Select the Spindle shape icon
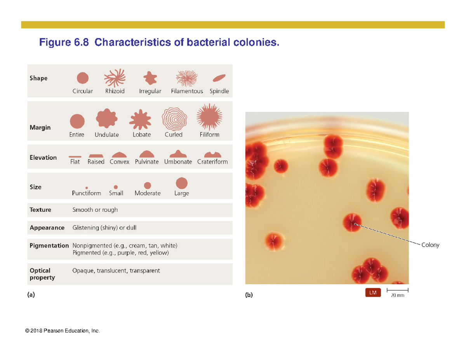[219, 78]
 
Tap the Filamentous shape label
[187, 92]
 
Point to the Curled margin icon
[174, 118]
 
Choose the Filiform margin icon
[209, 117]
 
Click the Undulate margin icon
[106, 118]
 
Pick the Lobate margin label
[142, 135]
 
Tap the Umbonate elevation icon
[178, 154]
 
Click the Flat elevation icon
[75, 156]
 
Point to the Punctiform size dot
[87, 187]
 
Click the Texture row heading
[40, 210]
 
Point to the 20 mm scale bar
[398, 290]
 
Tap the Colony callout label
[431, 245]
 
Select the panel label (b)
[249, 295]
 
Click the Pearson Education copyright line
[62, 331]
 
